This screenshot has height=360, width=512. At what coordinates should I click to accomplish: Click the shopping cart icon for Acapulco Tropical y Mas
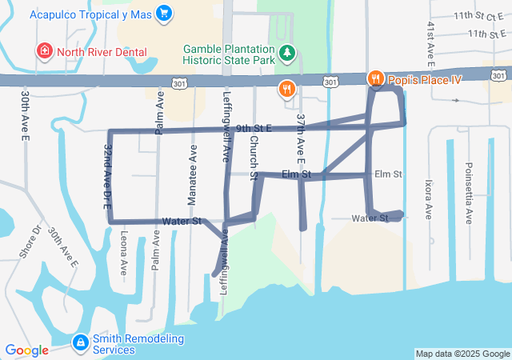[x=164, y=13]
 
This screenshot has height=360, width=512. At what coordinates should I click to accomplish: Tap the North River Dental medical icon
[x=45, y=52]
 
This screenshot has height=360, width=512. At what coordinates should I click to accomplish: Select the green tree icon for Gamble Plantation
[x=287, y=54]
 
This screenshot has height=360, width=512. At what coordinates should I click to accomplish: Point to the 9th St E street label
[x=254, y=128]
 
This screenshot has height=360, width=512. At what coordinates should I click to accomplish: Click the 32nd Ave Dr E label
[x=107, y=176]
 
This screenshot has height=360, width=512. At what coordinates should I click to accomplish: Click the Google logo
[x=26, y=350]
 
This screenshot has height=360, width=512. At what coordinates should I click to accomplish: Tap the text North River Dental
[x=102, y=52]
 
